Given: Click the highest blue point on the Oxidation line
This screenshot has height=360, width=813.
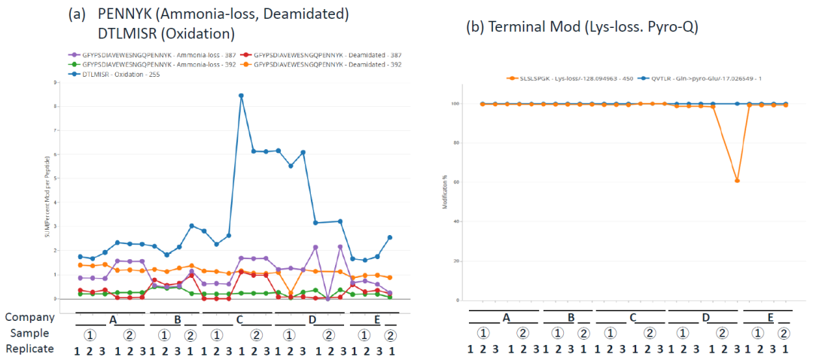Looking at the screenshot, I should point(241,96).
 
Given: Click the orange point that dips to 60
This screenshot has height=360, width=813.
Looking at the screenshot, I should point(737,181).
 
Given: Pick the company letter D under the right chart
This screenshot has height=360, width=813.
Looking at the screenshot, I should point(705,319).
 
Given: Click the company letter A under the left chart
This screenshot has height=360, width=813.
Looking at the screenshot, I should point(113,319).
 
